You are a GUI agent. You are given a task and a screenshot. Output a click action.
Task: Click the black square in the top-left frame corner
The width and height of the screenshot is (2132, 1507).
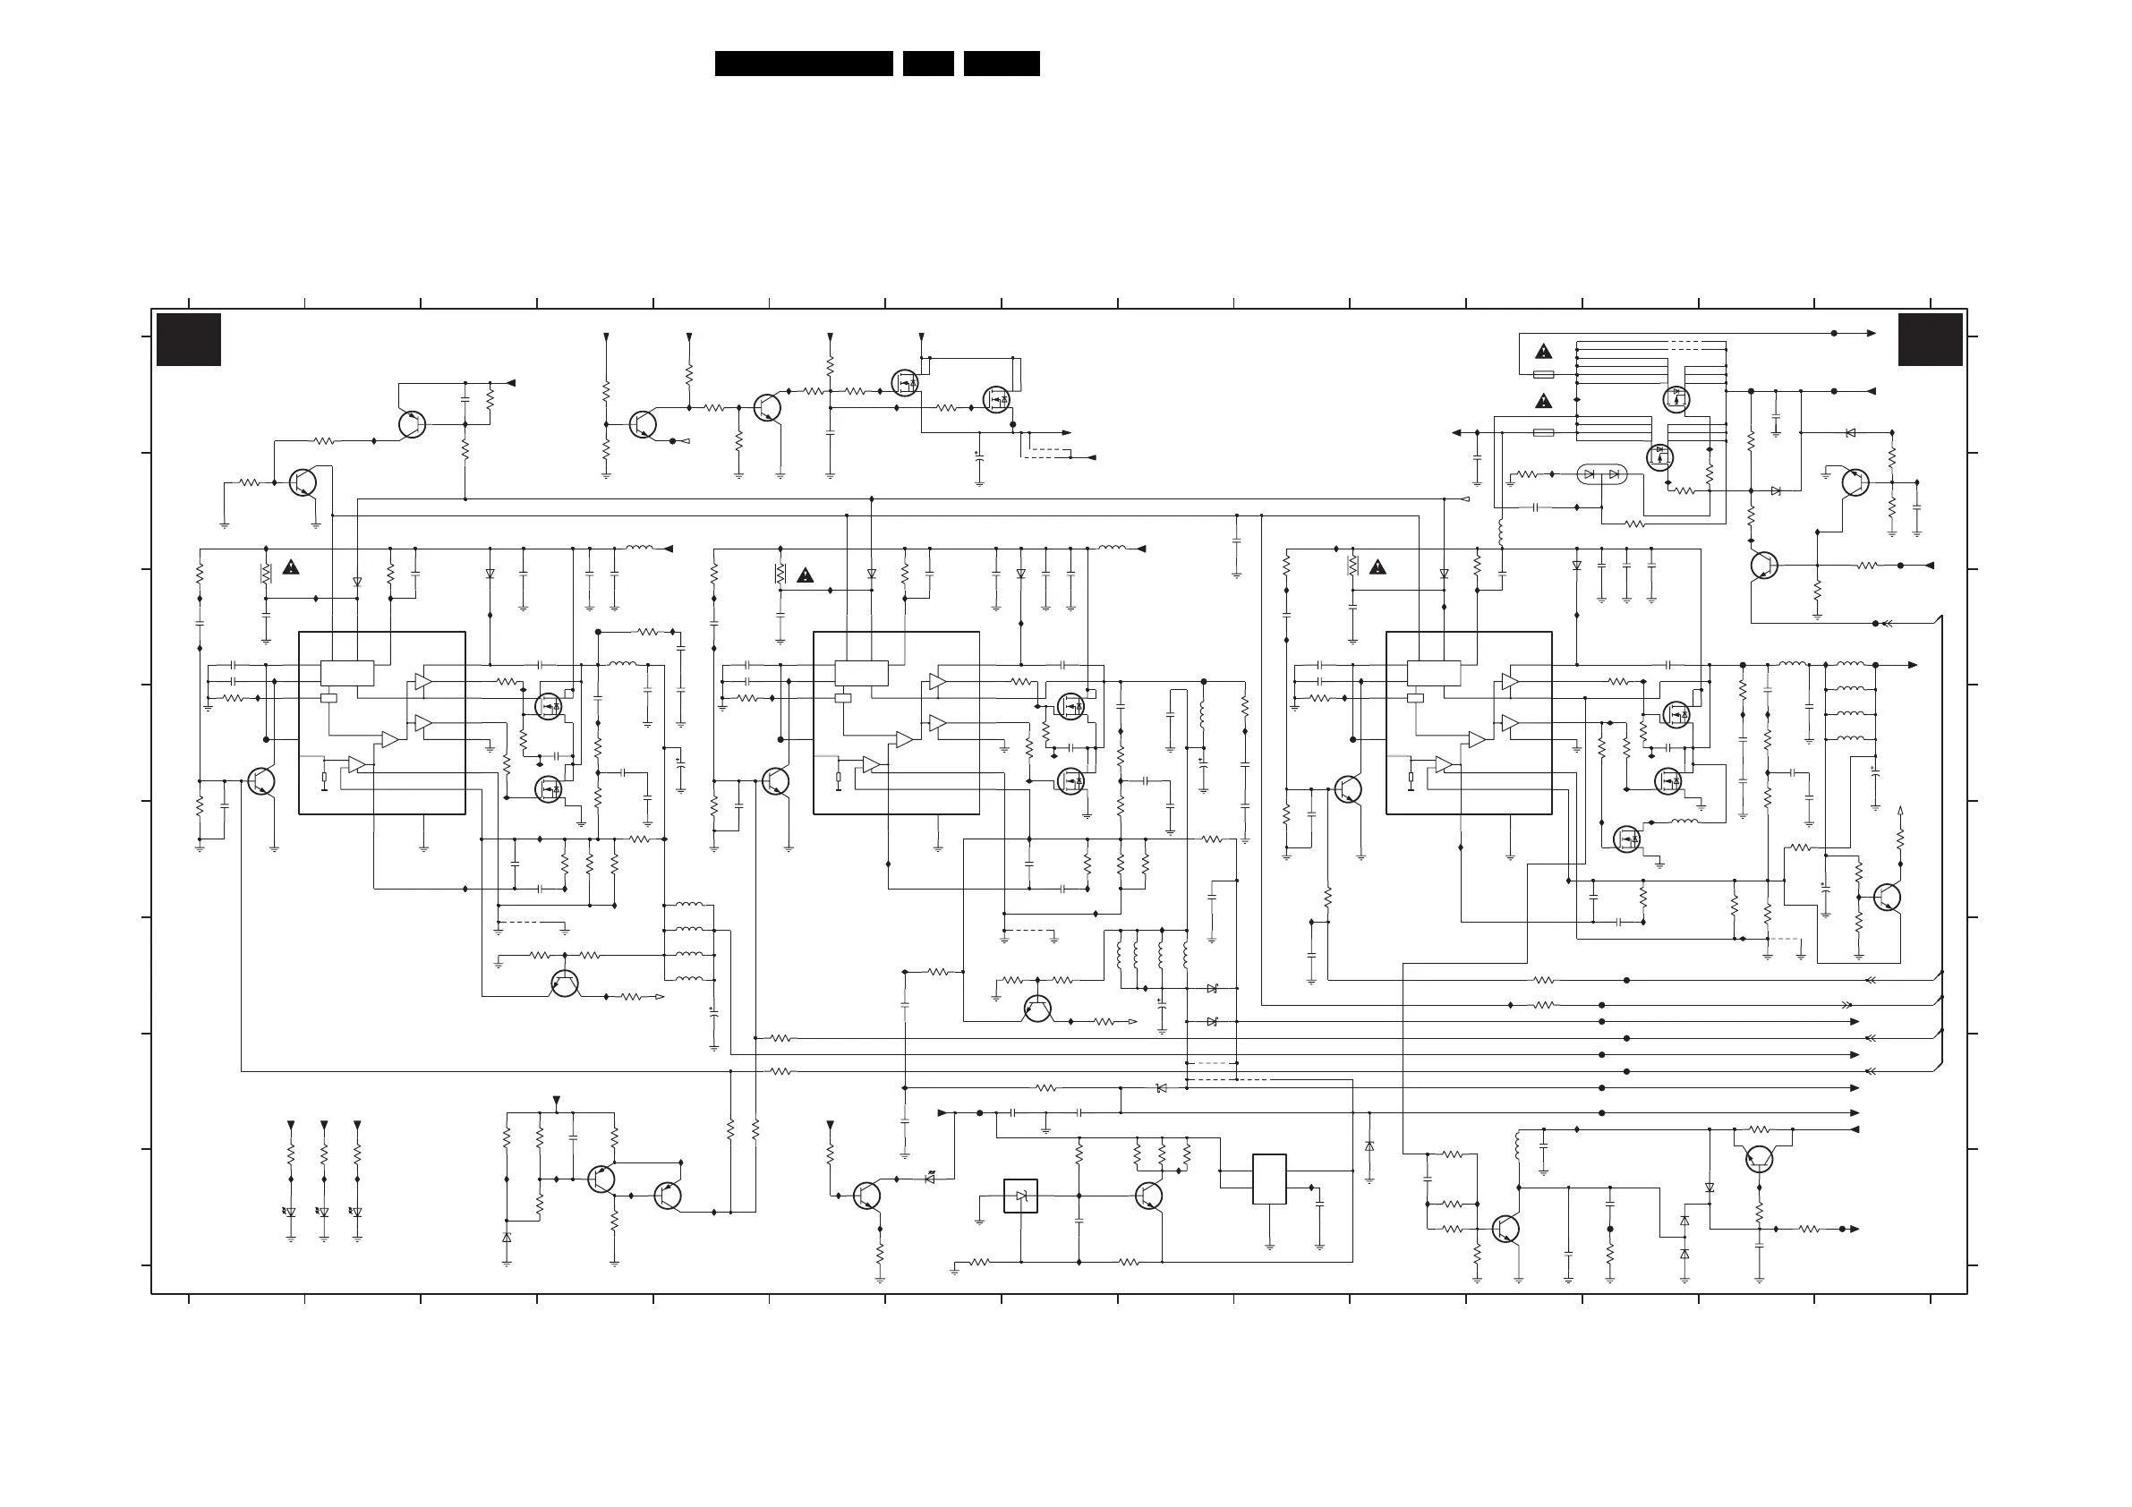click(189, 340)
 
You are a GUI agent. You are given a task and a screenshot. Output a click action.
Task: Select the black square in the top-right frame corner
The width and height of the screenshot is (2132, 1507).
click(1930, 340)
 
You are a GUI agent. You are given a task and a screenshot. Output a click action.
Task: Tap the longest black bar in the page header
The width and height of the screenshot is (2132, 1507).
click(803, 64)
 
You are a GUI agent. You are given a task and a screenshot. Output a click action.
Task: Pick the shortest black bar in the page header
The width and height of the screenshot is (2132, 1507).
click(927, 64)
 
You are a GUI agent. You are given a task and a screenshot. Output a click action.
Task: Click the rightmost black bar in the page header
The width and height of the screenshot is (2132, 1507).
click(1001, 64)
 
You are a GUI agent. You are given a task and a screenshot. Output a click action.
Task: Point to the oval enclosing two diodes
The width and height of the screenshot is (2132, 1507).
click(1602, 474)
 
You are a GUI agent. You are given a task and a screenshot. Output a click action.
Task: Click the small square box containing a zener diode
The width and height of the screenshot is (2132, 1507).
click(1020, 1196)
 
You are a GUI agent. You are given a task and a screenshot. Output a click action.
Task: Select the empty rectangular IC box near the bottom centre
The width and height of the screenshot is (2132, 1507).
click(1268, 1179)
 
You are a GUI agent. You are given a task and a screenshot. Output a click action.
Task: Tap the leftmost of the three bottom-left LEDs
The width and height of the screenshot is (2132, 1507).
click(291, 1212)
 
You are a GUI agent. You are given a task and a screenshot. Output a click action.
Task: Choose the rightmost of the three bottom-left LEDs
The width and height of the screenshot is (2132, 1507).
click(357, 1212)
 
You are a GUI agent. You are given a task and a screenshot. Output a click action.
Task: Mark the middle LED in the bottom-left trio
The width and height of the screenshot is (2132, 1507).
click(324, 1212)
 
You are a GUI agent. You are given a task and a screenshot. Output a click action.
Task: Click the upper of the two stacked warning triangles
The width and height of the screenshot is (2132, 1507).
click(1543, 352)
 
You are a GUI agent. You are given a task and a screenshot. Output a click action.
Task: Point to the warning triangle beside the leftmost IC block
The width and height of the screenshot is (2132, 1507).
click(291, 567)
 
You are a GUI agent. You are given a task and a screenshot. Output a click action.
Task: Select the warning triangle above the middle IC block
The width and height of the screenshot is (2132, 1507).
click(805, 575)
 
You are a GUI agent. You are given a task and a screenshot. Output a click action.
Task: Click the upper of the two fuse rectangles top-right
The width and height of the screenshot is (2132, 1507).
click(1543, 374)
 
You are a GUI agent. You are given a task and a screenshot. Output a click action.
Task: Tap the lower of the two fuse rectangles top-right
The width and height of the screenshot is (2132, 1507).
click(1543, 433)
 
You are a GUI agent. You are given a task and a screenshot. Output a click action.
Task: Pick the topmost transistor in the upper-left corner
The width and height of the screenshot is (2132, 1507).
click(412, 424)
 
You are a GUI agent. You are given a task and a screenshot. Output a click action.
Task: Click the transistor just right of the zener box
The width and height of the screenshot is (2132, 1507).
click(1148, 1196)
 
